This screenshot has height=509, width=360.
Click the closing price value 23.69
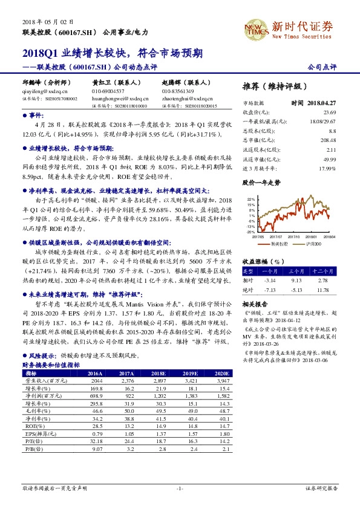pos(329,112)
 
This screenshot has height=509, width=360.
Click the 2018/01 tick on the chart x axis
pos(311,237)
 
